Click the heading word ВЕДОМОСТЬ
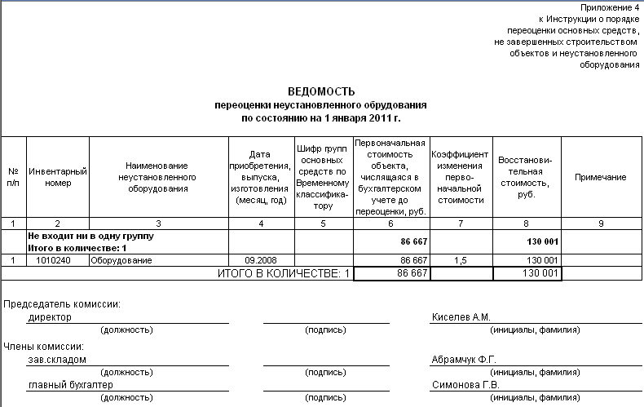321,92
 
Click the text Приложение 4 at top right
610,7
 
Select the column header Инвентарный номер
58,177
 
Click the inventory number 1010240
58,260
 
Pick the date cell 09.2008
261,260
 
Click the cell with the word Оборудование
121,260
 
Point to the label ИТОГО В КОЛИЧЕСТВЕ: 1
283,274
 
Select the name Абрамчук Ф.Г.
464,359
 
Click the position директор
50,317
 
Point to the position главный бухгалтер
70,386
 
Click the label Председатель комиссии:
63,304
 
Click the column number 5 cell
323,223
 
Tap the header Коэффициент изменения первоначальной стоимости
461,177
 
